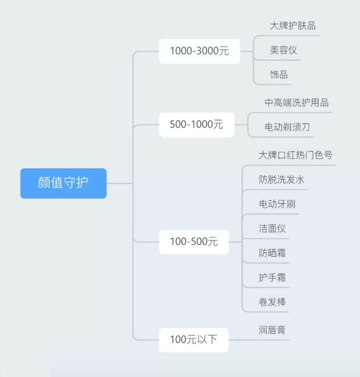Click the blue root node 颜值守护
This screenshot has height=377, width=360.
(63, 183)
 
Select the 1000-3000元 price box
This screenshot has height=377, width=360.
(199, 51)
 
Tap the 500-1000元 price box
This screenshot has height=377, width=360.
(196, 124)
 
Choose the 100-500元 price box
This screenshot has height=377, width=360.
(194, 242)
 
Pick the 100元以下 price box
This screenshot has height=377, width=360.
(193, 339)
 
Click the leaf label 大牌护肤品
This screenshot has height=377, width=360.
(293, 26)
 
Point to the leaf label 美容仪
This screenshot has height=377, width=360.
(283, 50)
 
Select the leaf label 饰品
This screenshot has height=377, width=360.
(279, 75)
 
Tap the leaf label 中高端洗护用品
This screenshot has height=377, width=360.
(297, 103)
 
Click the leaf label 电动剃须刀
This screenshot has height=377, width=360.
(287, 127)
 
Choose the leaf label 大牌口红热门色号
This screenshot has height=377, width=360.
(295, 155)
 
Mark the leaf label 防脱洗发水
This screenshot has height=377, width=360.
(282, 179)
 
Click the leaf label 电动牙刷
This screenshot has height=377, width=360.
(277, 204)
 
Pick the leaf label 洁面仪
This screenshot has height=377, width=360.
(272, 229)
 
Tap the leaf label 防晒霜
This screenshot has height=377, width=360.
(272, 253)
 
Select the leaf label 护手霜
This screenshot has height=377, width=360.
(272, 278)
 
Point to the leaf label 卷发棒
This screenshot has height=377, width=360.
(272, 302)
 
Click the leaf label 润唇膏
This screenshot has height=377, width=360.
(272, 330)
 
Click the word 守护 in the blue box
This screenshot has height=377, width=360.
(76, 183)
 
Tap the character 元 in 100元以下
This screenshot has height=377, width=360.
(191, 340)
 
